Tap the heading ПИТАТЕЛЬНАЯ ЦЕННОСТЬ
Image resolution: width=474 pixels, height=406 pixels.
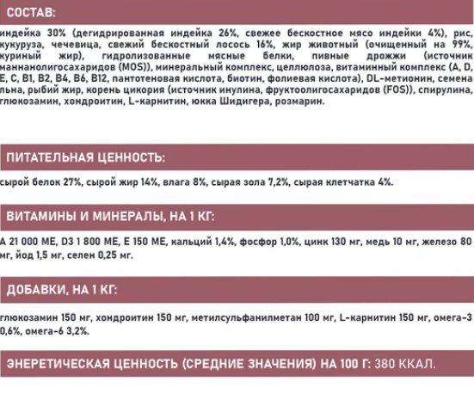84,158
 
